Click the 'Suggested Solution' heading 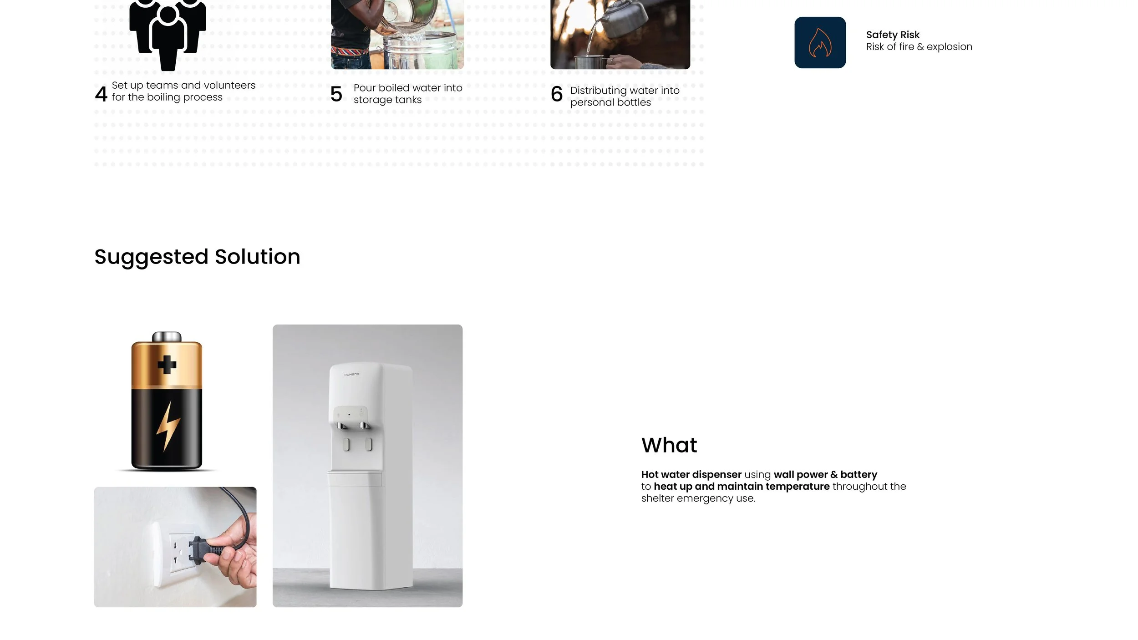[197, 257]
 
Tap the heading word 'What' [669, 445]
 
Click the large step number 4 [101, 94]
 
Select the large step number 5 [336, 94]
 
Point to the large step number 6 [556, 94]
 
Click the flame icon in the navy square [820, 43]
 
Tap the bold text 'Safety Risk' [892, 35]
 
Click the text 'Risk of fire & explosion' [919, 47]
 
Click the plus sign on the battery [167, 365]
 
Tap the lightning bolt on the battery [168, 426]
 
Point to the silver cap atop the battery [167, 337]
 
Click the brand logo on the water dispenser [351, 375]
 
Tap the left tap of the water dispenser [340, 426]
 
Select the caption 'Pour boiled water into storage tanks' [407, 94]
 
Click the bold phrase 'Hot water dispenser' [691, 474]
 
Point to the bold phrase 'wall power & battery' [825, 474]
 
